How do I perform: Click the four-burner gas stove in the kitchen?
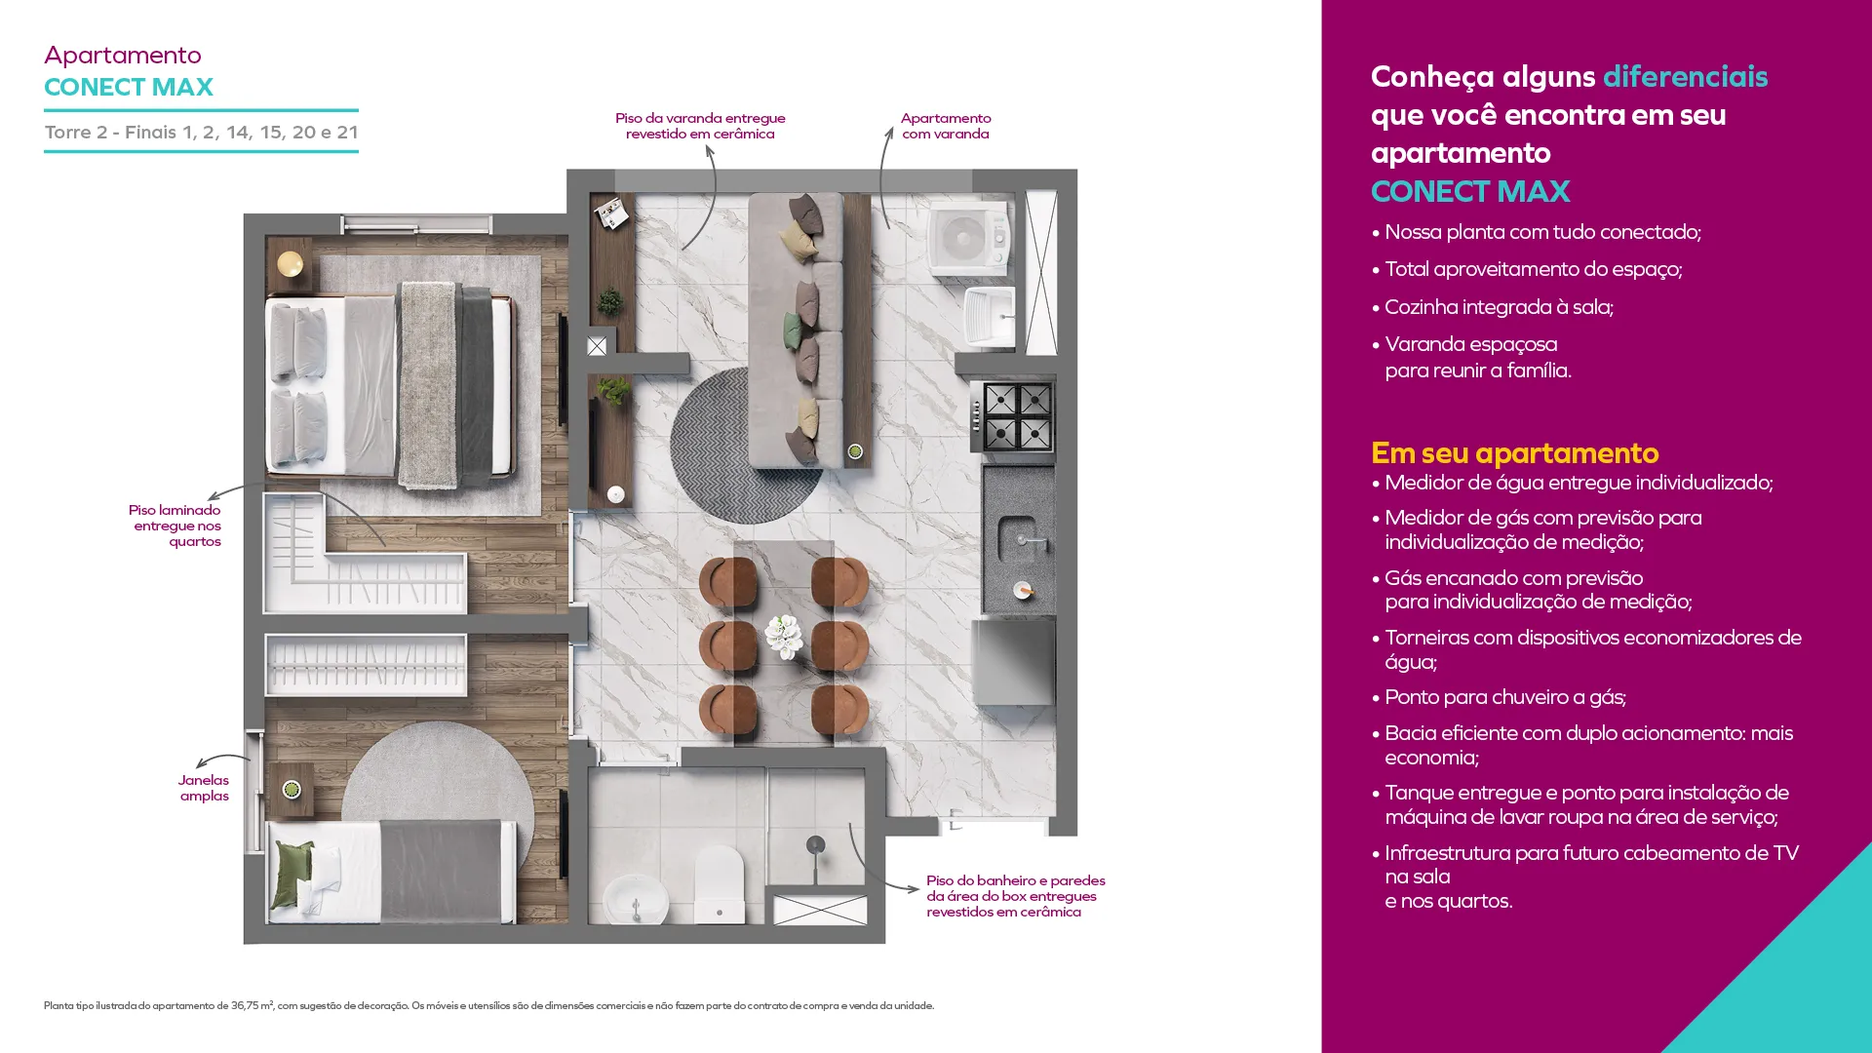(1014, 416)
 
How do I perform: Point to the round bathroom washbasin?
(636, 901)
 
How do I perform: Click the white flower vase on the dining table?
(784, 637)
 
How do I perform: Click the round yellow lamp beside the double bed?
(290, 263)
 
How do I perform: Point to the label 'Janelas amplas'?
(204, 788)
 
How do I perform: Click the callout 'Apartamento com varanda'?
(946, 126)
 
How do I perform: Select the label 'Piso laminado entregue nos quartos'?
(175, 526)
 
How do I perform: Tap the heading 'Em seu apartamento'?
(1514, 453)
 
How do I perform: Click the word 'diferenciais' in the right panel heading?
(1685, 76)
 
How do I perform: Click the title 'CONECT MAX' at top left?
(129, 87)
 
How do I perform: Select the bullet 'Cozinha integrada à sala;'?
(1492, 307)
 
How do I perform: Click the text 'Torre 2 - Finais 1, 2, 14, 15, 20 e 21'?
(201, 132)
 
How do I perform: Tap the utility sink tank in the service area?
(989, 316)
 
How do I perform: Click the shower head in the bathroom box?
(816, 845)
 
